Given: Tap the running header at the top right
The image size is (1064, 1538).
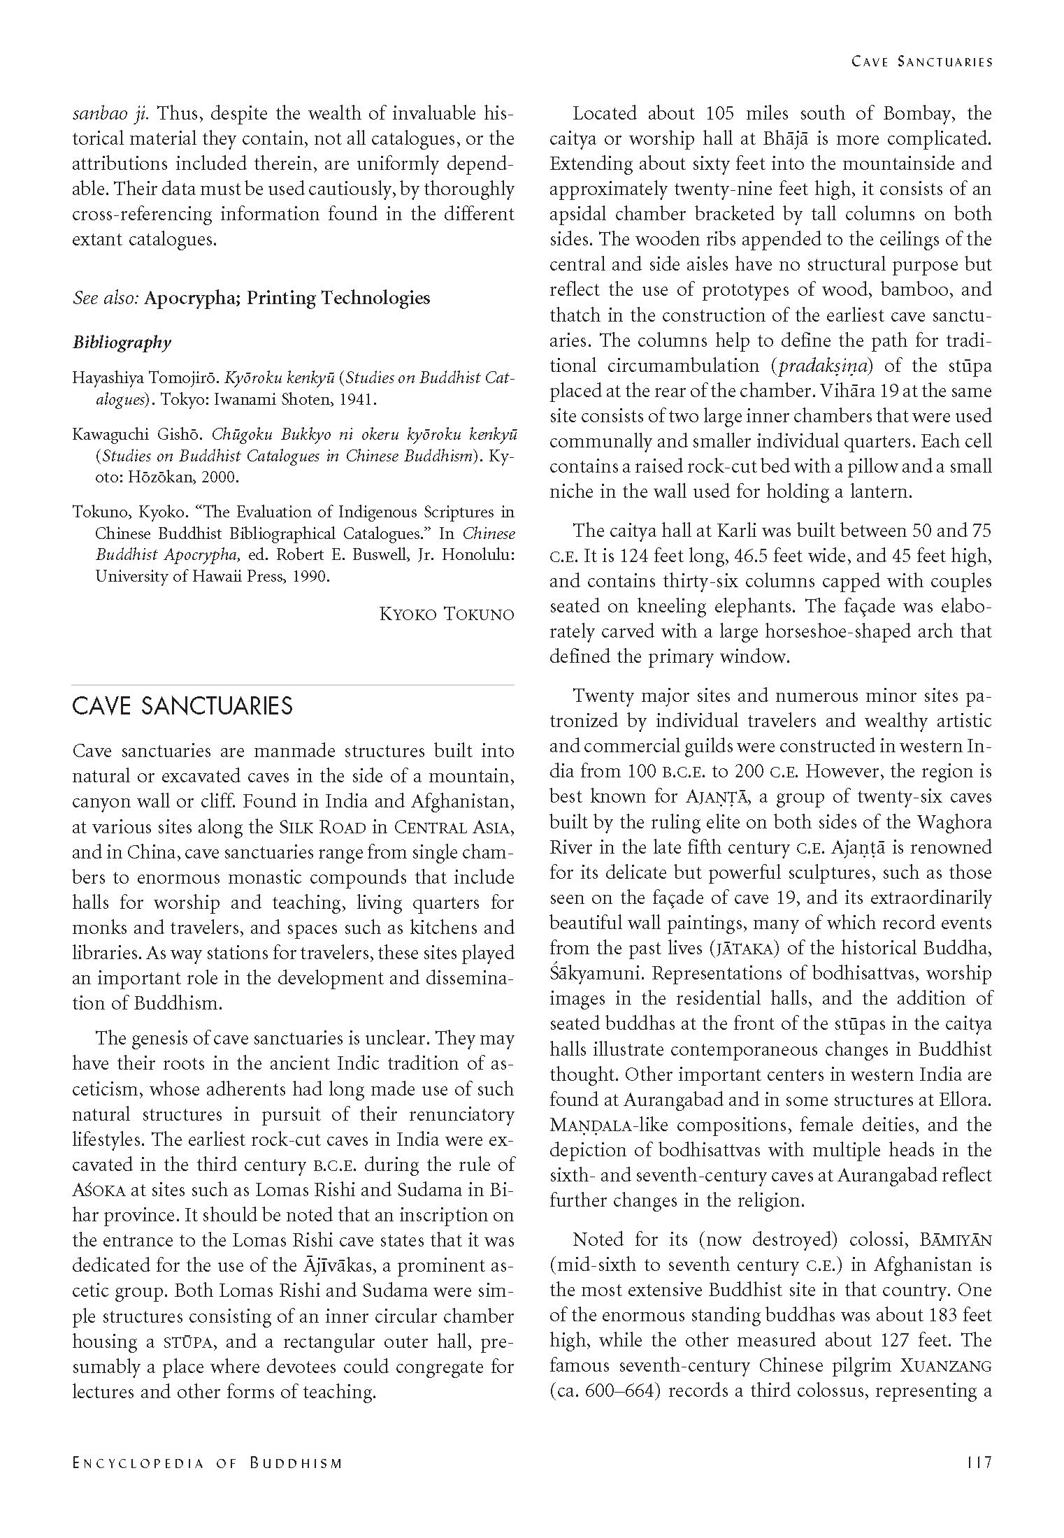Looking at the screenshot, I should click(922, 62).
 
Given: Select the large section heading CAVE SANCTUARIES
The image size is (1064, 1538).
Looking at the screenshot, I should click(182, 706).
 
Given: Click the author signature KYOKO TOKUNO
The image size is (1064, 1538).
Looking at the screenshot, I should click(447, 615).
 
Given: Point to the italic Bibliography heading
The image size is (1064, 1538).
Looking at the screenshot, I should click(122, 343).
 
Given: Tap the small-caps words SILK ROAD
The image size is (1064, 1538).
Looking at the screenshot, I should click(323, 828).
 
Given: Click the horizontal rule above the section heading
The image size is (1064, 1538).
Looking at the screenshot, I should click(293, 685).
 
